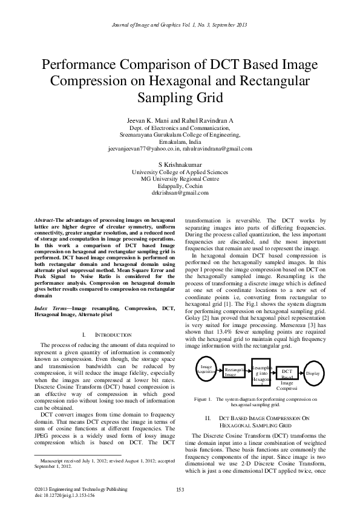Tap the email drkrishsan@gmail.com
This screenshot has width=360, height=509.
[x=180, y=193]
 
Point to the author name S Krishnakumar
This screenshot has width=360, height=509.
[x=180, y=164]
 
